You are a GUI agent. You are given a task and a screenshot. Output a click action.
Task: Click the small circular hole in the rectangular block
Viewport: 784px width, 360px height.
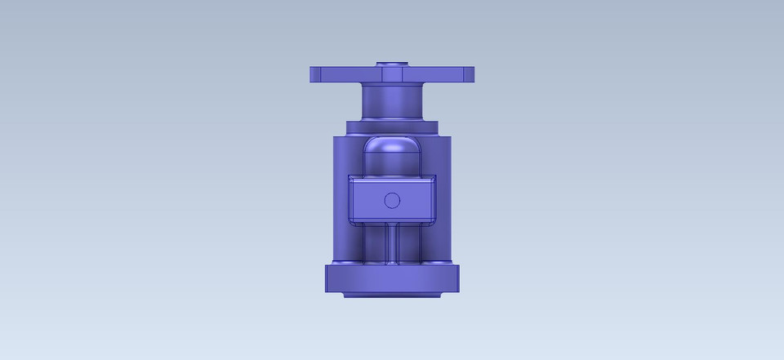tap(392, 200)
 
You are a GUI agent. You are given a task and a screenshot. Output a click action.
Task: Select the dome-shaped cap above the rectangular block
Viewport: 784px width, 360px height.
tap(392, 151)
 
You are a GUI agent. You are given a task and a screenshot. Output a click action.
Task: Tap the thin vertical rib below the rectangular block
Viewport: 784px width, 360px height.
tap(392, 243)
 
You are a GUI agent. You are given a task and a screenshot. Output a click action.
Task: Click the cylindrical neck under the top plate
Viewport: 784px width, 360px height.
tap(392, 102)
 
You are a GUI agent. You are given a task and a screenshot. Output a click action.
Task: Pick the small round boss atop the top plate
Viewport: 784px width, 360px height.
tap(392, 63)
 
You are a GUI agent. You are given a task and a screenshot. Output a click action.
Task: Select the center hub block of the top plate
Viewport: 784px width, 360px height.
tap(392, 74)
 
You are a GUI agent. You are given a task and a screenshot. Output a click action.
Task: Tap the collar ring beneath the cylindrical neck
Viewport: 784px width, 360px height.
tap(392, 127)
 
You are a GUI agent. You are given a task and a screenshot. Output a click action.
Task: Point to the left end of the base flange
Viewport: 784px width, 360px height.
tap(332, 278)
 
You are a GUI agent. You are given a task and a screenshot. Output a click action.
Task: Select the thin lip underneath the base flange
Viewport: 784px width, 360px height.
tap(392, 294)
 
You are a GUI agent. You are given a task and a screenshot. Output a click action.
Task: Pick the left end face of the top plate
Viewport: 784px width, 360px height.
tap(314, 74)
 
